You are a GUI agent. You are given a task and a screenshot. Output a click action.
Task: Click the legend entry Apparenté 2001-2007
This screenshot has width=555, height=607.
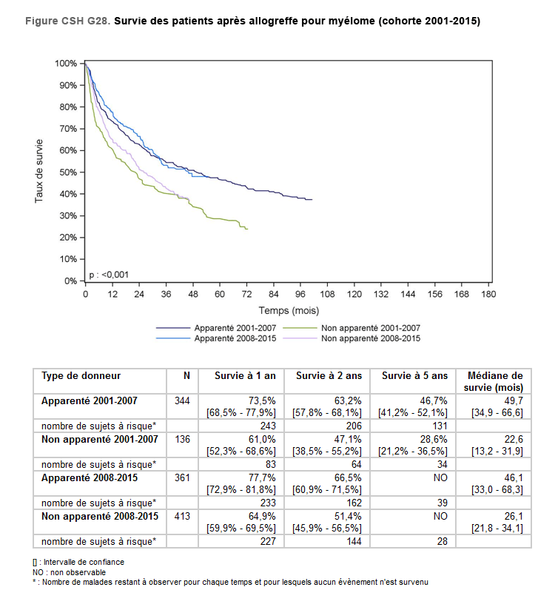coord(225,327)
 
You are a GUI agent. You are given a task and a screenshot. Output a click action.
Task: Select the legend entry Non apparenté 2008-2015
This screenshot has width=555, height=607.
coord(371,338)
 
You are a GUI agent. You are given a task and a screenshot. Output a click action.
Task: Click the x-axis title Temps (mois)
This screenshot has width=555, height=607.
coord(289,310)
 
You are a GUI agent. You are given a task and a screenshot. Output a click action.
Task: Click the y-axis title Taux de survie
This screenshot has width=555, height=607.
coord(40,171)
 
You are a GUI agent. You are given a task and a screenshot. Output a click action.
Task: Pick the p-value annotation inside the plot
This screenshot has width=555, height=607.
coord(109,275)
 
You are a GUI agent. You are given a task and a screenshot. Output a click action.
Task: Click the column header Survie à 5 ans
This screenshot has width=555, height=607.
coord(414,376)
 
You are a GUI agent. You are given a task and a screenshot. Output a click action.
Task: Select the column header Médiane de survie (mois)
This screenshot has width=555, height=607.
coord(493,381)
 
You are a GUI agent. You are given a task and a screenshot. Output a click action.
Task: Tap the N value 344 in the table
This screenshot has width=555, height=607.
coord(181,400)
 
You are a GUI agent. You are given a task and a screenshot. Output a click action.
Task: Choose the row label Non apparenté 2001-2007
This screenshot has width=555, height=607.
coord(100,439)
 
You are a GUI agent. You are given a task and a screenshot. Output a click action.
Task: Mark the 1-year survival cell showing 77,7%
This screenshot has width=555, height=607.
coord(262,477)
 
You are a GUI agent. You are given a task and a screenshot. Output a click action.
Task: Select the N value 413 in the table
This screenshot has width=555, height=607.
coord(181,516)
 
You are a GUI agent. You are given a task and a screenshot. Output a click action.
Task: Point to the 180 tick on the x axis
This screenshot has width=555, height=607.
coord(488,294)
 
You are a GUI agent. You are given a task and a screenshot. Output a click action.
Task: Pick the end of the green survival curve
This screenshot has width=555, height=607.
coord(247,229)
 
